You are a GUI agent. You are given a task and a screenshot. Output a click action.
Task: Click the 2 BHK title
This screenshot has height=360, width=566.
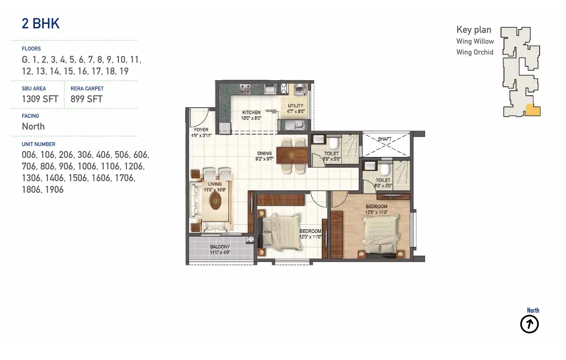click(41, 24)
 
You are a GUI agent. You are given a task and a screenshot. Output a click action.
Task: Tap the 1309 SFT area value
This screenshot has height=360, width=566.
click(40, 99)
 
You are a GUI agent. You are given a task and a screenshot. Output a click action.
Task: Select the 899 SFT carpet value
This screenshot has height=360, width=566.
click(86, 99)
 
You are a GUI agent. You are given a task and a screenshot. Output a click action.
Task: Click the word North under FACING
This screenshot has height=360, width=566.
click(33, 126)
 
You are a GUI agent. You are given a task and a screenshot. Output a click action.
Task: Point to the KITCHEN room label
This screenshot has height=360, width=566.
click(251, 112)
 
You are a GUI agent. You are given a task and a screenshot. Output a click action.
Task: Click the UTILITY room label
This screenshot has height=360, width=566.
click(295, 106)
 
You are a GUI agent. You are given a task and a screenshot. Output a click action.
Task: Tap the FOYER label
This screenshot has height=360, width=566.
click(201, 129)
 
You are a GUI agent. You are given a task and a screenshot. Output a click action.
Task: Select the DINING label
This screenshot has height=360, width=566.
click(264, 153)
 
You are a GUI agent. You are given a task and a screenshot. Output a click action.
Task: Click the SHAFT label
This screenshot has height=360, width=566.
click(384, 139)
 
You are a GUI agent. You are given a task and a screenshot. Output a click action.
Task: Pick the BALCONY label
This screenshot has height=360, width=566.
click(220, 247)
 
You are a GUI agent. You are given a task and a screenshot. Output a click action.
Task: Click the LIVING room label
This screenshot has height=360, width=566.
click(215, 184)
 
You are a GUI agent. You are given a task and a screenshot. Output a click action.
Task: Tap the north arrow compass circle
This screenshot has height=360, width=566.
click(529, 324)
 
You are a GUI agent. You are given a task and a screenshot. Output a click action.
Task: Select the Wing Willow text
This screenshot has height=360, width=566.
click(475, 41)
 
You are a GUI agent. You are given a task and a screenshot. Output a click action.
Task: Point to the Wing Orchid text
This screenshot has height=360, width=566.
click(475, 52)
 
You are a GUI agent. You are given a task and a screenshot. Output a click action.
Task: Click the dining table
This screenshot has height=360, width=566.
click(292, 155)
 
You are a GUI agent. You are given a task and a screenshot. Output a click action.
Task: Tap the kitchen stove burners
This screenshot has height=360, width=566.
click(245, 89)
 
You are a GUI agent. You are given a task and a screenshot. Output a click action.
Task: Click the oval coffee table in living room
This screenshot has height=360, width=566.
click(216, 201)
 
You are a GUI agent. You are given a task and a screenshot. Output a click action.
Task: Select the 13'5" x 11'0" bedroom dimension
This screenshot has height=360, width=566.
click(376, 212)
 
